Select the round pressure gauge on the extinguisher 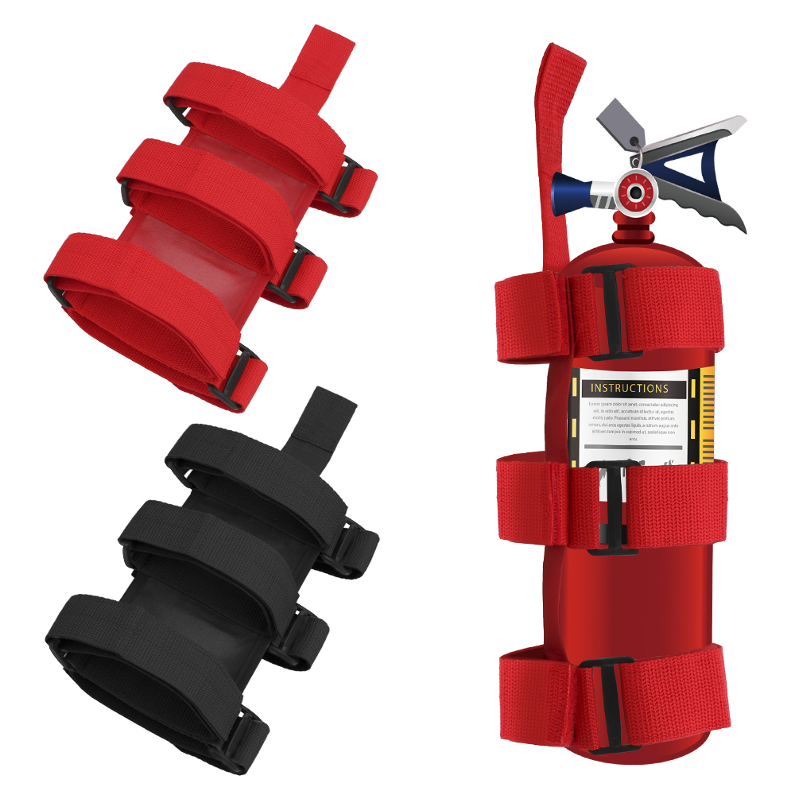[x=634, y=192]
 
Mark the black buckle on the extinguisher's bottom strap [x=608, y=704]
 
